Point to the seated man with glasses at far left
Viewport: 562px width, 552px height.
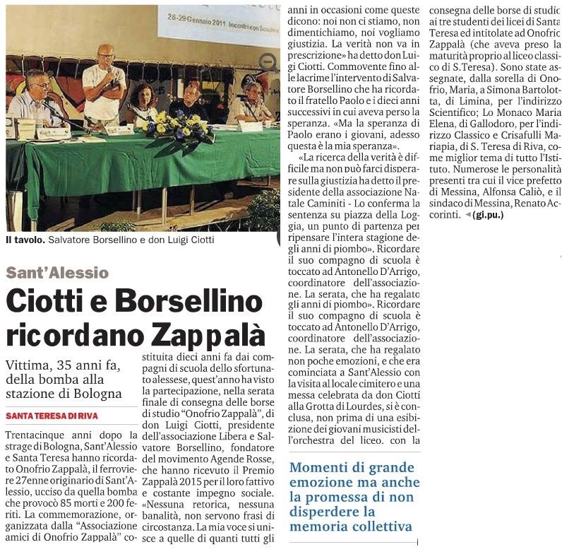pos(35,99)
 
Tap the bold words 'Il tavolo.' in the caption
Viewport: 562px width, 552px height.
pos(25,240)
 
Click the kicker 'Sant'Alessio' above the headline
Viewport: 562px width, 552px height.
pos(58,273)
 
